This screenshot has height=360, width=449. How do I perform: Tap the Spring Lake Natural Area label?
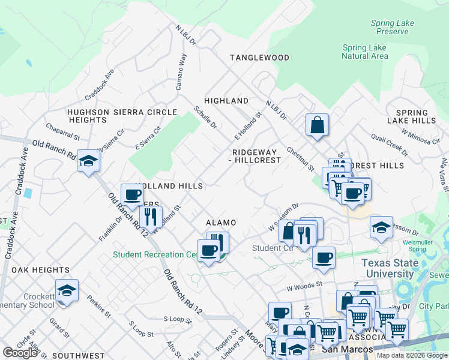click(x=365, y=52)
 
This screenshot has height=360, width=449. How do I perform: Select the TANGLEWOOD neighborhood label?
click(x=259, y=58)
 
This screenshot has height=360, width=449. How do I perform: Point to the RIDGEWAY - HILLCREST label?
click(x=256, y=156)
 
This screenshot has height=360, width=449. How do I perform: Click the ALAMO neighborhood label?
click(x=221, y=222)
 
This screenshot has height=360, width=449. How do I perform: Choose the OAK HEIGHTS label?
click(x=35, y=270)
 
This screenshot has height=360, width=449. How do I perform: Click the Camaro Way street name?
click(x=181, y=72)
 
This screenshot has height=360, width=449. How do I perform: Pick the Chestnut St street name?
click(x=300, y=159)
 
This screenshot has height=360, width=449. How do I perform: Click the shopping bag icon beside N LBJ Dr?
click(x=317, y=125)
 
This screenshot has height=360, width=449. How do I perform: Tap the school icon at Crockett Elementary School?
click(x=67, y=291)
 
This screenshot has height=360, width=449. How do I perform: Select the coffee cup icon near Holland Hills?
click(x=132, y=195)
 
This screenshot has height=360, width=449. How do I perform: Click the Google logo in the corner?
click(x=20, y=353)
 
